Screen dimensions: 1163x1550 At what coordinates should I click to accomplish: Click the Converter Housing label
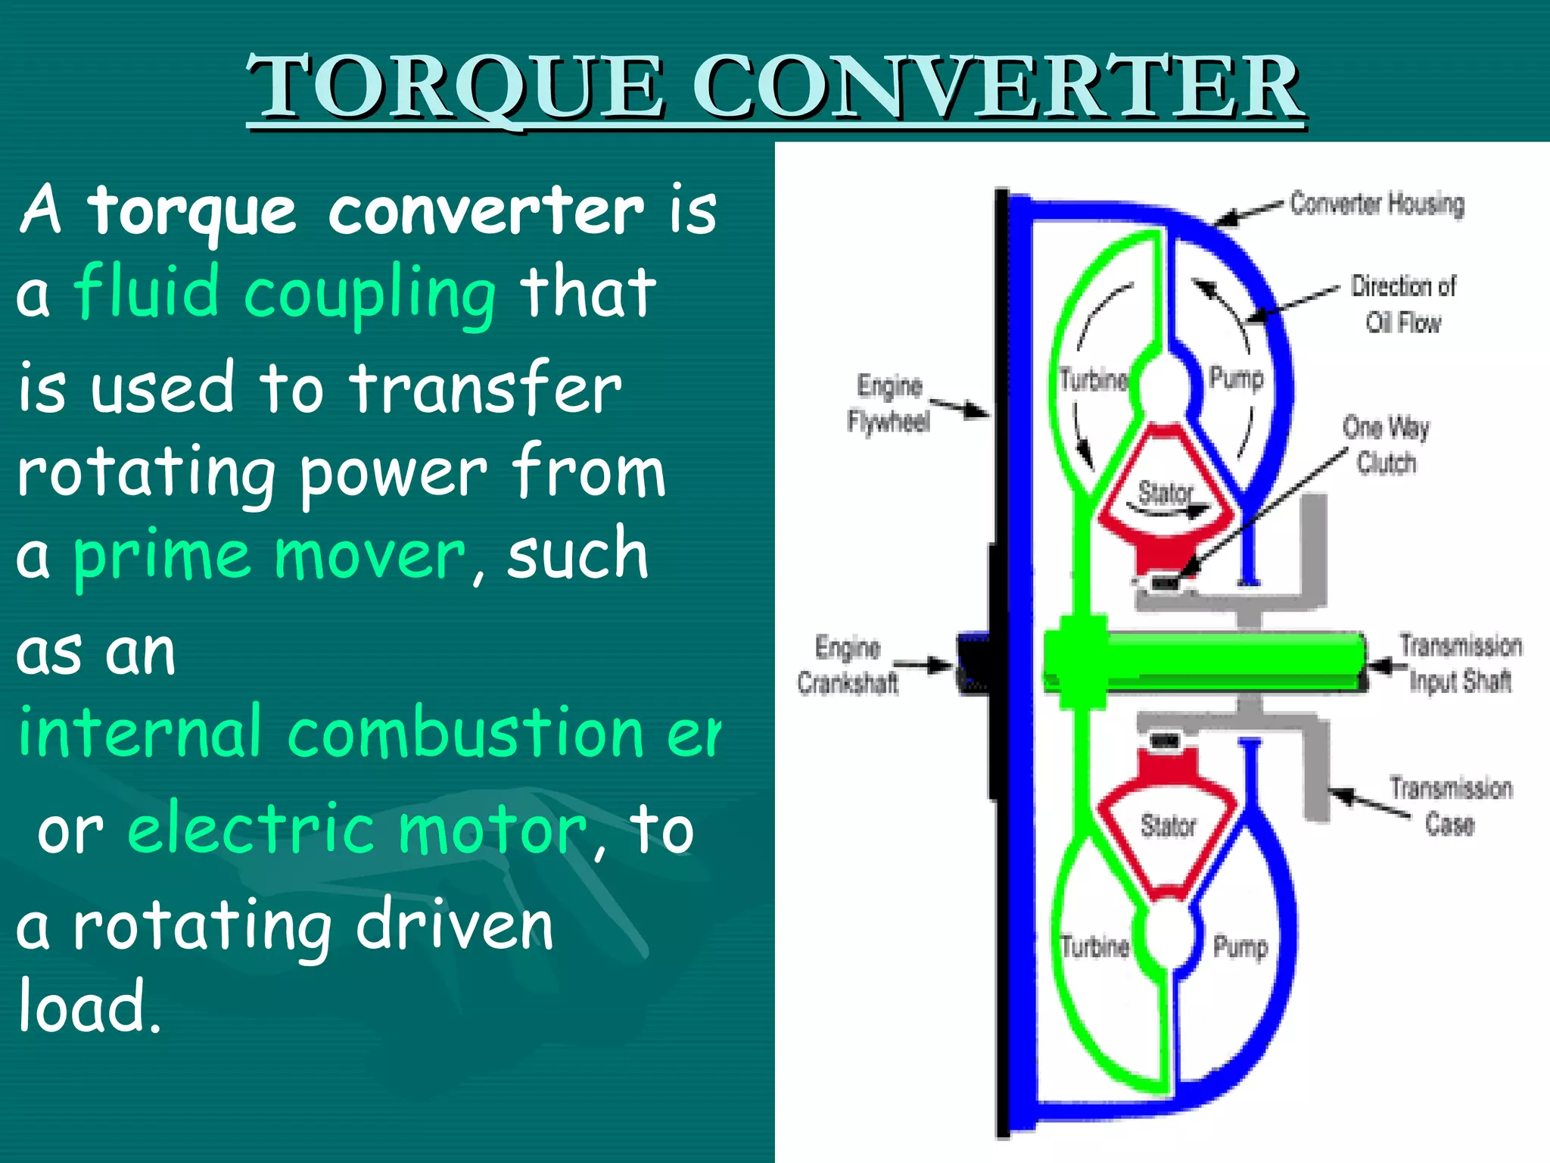tap(1377, 204)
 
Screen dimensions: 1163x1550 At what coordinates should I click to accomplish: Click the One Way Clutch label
tap(1386, 444)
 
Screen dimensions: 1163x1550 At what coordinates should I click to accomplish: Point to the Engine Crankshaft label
tap(848, 665)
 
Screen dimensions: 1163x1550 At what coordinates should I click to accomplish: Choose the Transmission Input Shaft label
tap(1459, 663)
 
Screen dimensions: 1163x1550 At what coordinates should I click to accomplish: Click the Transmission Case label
tap(1450, 805)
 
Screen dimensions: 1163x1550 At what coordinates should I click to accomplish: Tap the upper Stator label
tap(1166, 493)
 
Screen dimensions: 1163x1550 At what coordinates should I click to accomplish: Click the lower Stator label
tap(1168, 825)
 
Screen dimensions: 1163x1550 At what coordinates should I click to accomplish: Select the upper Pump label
tap(1236, 377)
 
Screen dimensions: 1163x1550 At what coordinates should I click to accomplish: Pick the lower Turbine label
tap(1094, 946)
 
